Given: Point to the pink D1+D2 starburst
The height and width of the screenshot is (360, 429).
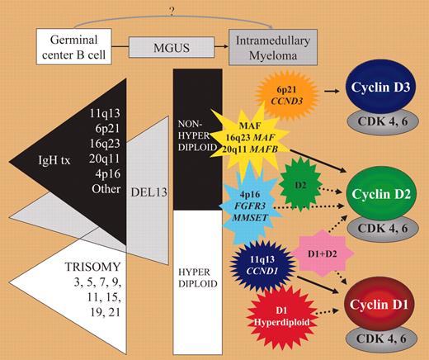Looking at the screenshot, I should click(x=313, y=249).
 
